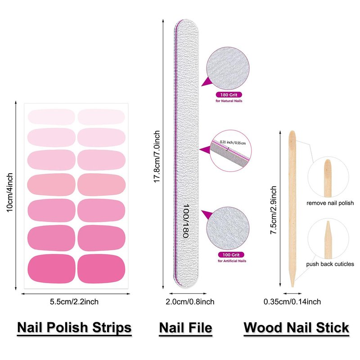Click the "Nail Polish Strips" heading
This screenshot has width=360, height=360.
74,327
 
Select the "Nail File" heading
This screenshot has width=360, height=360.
185,327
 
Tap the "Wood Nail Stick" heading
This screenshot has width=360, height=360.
296,327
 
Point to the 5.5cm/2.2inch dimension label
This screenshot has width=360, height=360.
74,301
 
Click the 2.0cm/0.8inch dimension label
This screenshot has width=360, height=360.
186,301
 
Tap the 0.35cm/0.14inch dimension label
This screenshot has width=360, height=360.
292,301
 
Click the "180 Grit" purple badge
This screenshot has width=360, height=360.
229,95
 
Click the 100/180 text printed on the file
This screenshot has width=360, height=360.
185,220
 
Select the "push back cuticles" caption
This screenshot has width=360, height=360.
330,264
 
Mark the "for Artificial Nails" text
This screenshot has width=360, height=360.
232,261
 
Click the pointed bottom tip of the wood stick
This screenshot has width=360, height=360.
292,285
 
